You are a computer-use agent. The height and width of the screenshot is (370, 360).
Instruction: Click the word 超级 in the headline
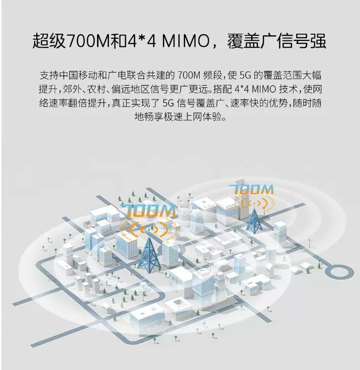49,41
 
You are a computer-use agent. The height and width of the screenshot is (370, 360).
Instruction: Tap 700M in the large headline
88,41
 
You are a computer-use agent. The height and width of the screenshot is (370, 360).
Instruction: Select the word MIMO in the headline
185,41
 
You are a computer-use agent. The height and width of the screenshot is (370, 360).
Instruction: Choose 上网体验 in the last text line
202,117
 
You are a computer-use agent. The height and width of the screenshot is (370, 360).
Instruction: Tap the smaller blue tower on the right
254,221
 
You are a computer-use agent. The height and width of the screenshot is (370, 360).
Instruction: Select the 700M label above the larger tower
148,211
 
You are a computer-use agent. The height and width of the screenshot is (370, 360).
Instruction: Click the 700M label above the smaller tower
251,189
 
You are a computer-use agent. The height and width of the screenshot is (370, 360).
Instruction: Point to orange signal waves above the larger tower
149,229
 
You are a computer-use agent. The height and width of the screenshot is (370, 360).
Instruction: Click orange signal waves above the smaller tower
254,203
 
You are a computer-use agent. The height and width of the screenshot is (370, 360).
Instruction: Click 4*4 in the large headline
141,41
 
